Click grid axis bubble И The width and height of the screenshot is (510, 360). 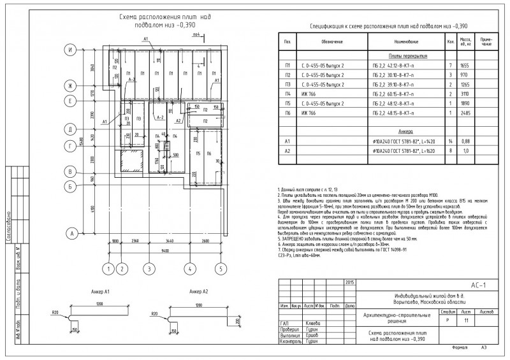click(73, 50)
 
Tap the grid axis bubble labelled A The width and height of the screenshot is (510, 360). click(73, 234)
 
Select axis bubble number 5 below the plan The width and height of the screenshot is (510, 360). click(220, 268)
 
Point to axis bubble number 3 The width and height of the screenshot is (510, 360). click(149, 268)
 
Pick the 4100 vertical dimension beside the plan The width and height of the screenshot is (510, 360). click(94, 210)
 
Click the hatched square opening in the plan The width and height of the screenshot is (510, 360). click(131, 168)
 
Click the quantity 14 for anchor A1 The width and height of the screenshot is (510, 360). click(450, 141)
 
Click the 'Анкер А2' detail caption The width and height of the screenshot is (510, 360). click(196, 291)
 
